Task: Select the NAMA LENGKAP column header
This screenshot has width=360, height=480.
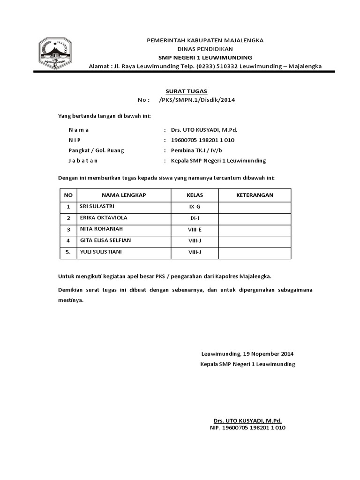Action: coord(124,195)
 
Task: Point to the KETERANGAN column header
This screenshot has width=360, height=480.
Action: coord(255,195)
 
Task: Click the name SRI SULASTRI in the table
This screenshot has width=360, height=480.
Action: coord(97,206)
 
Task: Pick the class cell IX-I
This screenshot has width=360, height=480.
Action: coord(195,218)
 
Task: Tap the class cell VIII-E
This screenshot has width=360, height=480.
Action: coord(195,230)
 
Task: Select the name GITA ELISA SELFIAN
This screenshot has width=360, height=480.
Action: coord(105,240)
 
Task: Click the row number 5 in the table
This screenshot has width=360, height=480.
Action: coord(68,252)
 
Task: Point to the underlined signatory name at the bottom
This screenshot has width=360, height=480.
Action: coord(247,421)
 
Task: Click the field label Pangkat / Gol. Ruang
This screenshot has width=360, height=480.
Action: coord(97,150)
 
